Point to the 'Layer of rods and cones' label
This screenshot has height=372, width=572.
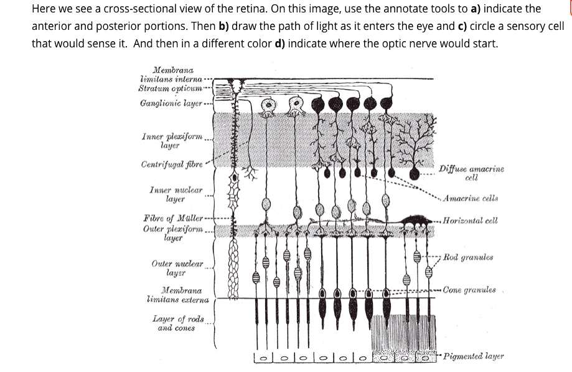click(179, 323)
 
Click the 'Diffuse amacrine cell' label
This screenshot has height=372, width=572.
click(471, 173)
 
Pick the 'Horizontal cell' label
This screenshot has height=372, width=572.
click(471, 221)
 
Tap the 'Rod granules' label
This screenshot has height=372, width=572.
click(469, 257)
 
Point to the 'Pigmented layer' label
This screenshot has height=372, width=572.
click(474, 356)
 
